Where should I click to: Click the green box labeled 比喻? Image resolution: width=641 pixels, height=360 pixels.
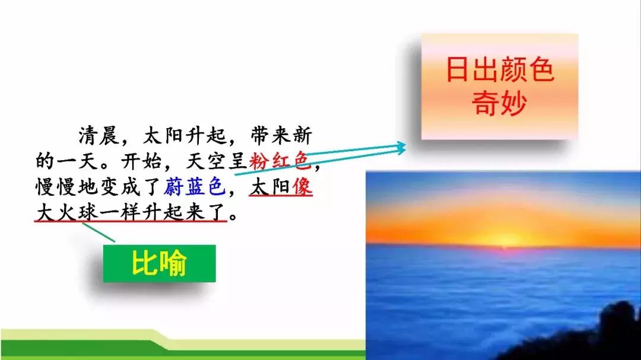click(x=159, y=263)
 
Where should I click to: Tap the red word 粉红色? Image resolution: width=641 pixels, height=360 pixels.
click(x=279, y=161)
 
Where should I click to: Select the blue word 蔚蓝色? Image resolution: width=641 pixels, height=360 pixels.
click(x=194, y=187)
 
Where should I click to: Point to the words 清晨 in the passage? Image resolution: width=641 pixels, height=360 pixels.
click(x=99, y=135)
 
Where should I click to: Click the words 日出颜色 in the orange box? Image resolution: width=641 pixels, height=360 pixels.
click(x=500, y=69)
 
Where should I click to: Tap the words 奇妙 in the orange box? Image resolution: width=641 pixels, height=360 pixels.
click(x=499, y=103)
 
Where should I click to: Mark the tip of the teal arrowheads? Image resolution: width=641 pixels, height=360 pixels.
click(x=406, y=148)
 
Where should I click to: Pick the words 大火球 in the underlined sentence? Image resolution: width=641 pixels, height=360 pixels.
click(x=66, y=212)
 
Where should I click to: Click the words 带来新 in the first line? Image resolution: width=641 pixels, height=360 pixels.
click(x=281, y=135)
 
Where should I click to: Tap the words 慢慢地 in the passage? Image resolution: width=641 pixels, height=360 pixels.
click(x=66, y=187)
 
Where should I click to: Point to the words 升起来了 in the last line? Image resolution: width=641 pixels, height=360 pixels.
click(x=185, y=212)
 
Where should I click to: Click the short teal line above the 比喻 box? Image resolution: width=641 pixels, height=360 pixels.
click(x=99, y=232)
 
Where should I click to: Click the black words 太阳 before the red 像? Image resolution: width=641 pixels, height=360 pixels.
click(x=270, y=187)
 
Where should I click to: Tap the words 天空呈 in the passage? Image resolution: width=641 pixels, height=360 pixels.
click(x=216, y=161)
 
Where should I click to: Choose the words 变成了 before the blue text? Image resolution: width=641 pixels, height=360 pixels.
click(x=131, y=187)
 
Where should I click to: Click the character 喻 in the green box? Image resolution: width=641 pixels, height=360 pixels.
click(x=174, y=263)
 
